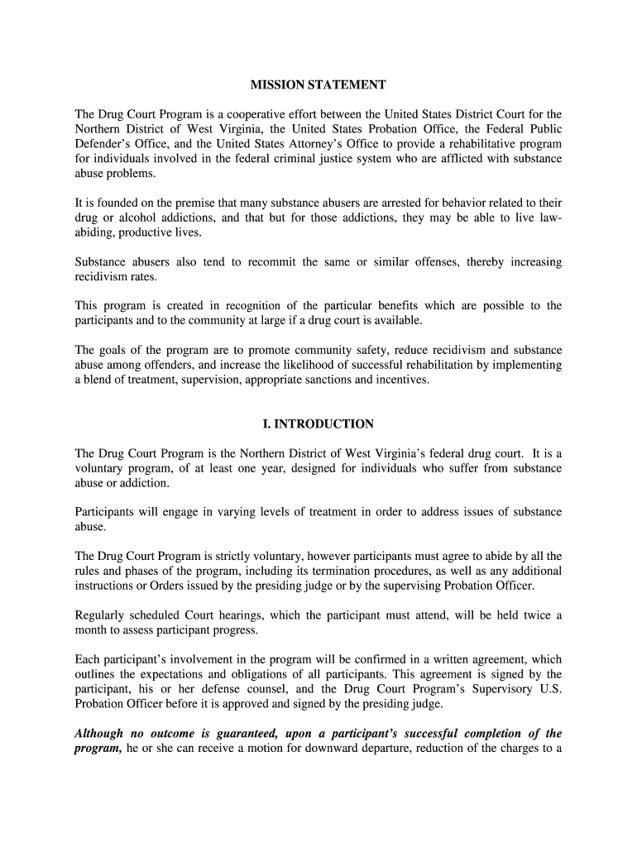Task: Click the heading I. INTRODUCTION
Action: [x=318, y=424]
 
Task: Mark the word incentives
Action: [x=403, y=380]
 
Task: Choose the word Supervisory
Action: [x=492, y=689]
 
